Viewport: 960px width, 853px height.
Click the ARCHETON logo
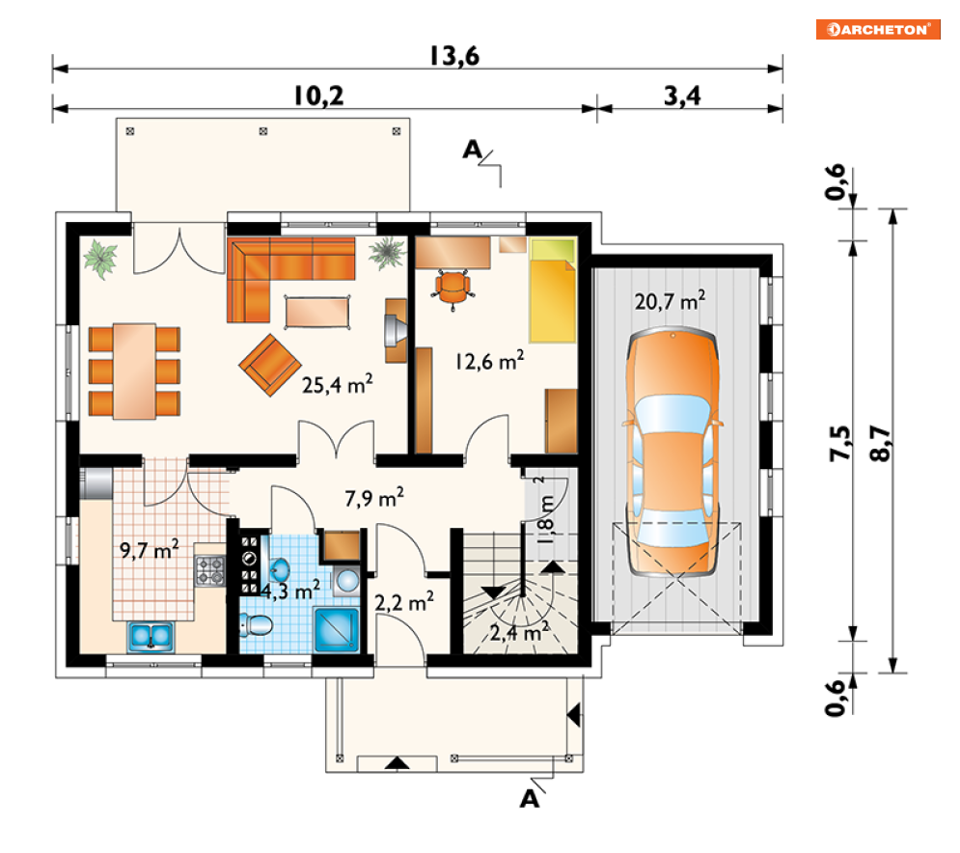click(x=878, y=29)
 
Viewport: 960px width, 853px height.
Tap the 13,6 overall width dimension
click(x=454, y=56)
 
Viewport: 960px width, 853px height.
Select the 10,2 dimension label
click(x=318, y=96)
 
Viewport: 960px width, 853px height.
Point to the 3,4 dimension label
click(x=682, y=96)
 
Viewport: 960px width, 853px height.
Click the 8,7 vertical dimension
click(x=880, y=443)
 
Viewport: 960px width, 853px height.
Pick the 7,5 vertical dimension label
click(x=839, y=443)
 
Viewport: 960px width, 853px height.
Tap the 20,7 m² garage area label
click(x=670, y=301)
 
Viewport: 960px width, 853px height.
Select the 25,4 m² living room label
click(x=338, y=385)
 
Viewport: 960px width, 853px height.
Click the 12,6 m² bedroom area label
click(x=489, y=361)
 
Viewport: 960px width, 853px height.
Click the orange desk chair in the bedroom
click(x=453, y=289)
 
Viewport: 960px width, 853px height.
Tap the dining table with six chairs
click(x=134, y=371)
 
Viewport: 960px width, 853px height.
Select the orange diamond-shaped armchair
click(x=270, y=365)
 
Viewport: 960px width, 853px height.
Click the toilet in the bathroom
click(x=257, y=624)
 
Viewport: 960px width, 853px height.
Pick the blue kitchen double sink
click(x=151, y=636)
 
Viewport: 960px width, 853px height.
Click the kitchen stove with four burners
click(x=210, y=570)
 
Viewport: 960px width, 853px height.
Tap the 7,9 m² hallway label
click(x=374, y=498)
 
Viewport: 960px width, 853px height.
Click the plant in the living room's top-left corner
click(x=100, y=259)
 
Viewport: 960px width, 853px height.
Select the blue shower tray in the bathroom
click(x=337, y=629)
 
